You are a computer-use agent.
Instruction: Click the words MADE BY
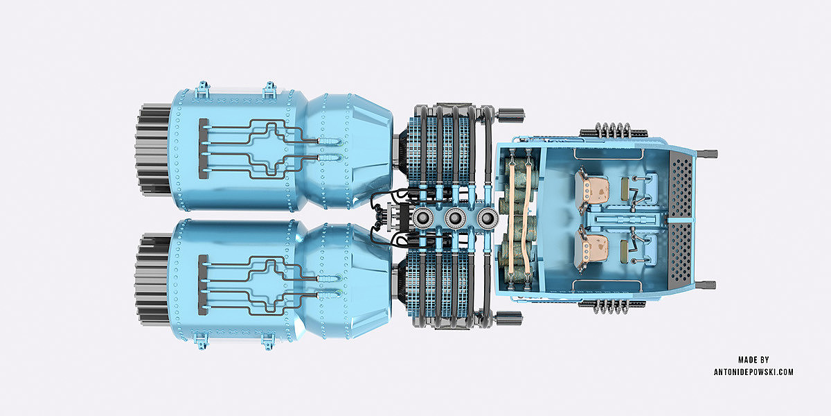[753, 360]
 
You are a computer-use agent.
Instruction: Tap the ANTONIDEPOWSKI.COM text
[753, 372]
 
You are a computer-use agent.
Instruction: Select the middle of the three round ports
[455, 218]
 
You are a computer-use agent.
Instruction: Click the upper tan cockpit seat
[593, 191]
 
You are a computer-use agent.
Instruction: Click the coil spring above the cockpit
[612, 131]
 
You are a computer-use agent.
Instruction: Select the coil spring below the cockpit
[612, 306]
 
